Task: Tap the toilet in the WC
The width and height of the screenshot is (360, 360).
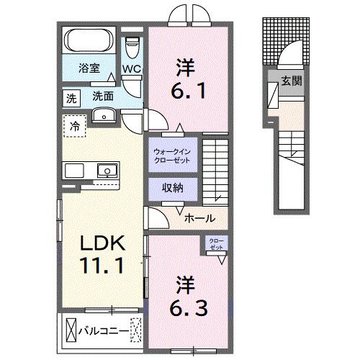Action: [131, 48]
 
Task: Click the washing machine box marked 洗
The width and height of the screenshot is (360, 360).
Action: [71, 96]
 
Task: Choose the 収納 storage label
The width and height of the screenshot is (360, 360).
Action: [171, 188]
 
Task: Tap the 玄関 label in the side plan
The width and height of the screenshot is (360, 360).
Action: [291, 81]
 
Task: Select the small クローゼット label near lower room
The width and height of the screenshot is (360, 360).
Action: [216, 243]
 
